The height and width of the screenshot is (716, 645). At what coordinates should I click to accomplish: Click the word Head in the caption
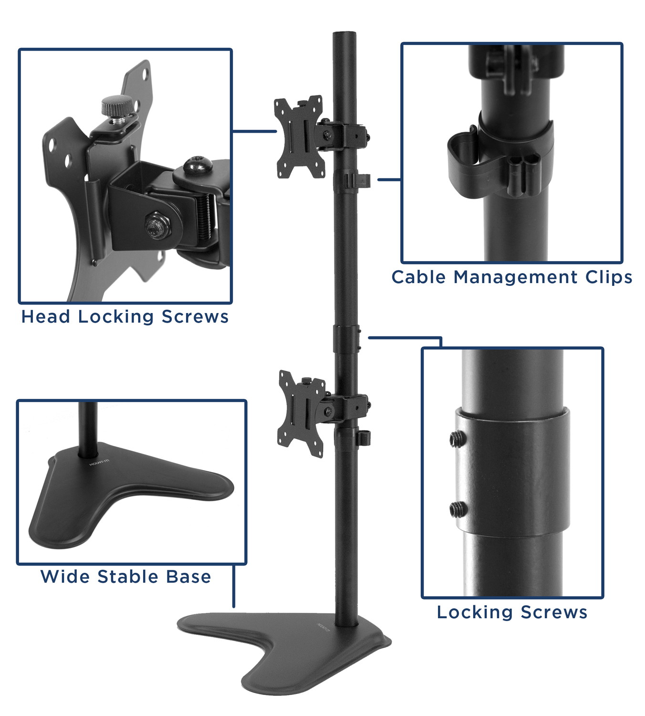46,316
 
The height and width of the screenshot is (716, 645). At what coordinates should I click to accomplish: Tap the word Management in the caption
515,277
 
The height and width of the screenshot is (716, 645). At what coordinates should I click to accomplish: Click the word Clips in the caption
609,277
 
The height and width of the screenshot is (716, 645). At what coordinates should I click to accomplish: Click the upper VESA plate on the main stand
299,137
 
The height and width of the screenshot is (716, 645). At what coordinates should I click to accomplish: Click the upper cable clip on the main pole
358,180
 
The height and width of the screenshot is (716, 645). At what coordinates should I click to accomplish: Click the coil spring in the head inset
204,220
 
